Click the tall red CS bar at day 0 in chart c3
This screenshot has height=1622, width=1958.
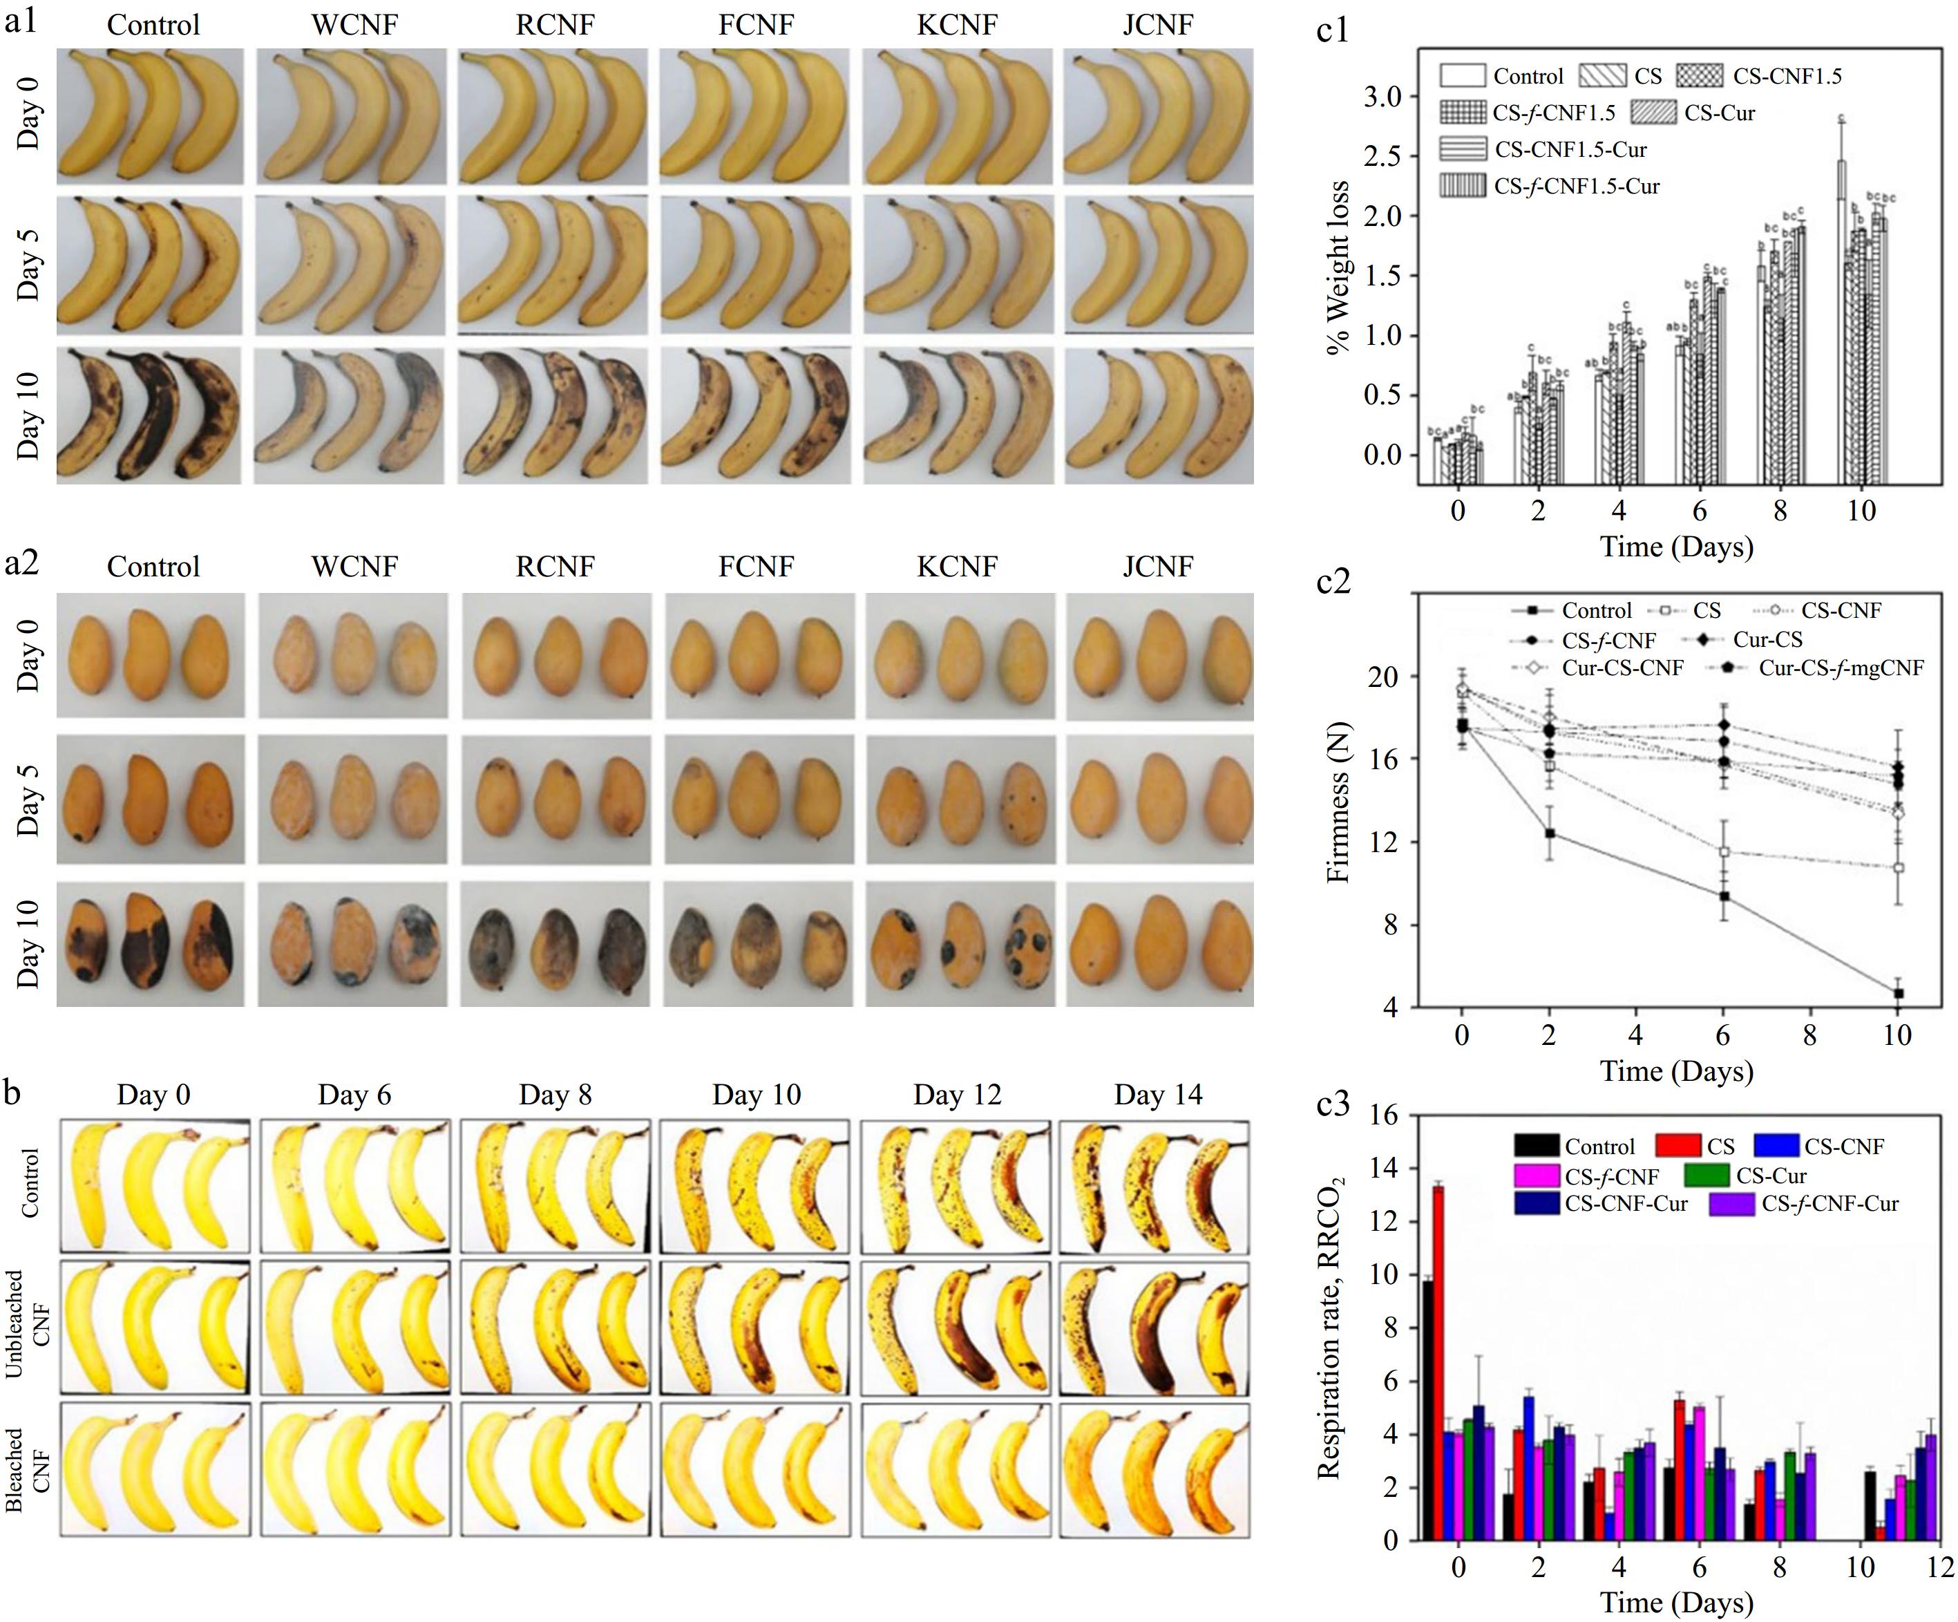pyautogui.click(x=1438, y=1361)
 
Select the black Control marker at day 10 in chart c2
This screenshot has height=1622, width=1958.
pyautogui.click(x=1897, y=993)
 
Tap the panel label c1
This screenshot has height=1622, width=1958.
pyautogui.click(x=1332, y=31)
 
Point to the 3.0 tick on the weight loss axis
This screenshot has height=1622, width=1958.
pyautogui.click(x=1382, y=97)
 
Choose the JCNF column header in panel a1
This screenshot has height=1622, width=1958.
pyautogui.click(x=1157, y=25)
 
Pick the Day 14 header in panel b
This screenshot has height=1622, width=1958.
pyautogui.click(x=1158, y=1094)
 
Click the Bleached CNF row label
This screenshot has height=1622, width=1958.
pyautogui.click(x=28, y=1471)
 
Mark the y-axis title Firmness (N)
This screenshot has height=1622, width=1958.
pyautogui.click(x=1338, y=802)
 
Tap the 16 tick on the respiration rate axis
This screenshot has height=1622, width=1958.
pyautogui.click(x=1385, y=1115)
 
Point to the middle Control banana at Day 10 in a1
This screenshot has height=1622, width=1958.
pyautogui.click(x=149, y=415)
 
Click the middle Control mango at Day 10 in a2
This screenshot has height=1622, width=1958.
pyautogui.click(x=146, y=944)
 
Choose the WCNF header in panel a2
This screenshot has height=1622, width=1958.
pyautogui.click(x=354, y=566)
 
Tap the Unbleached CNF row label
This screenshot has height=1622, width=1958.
pyautogui.click(x=28, y=1324)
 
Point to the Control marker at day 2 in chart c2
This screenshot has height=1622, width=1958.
pyautogui.click(x=1550, y=833)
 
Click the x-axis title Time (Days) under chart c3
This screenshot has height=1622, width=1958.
pyautogui.click(x=1676, y=1603)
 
